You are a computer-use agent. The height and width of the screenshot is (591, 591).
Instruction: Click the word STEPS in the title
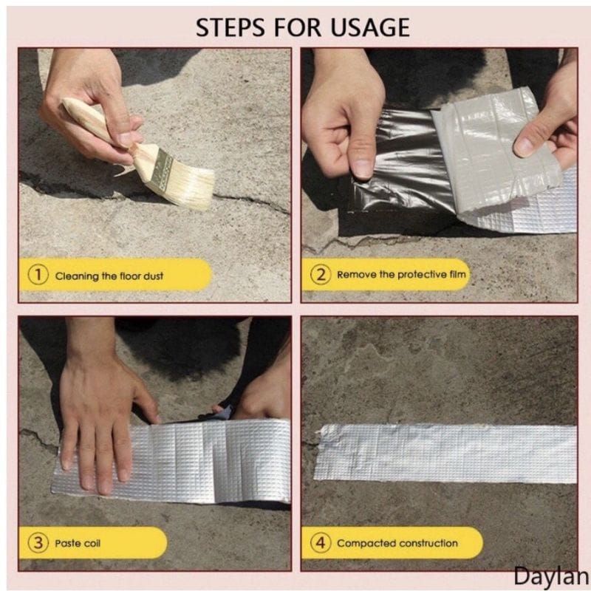[230, 27]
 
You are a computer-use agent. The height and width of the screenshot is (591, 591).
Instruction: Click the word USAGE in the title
[370, 27]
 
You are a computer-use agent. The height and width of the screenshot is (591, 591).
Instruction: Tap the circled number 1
[38, 275]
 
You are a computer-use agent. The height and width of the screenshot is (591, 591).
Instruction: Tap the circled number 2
[321, 274]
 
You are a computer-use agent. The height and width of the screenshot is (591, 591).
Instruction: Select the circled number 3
[38, 543]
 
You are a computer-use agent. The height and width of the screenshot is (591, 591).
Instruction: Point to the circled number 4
[321, 543]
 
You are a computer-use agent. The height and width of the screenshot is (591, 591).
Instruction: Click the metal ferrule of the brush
[160, 168]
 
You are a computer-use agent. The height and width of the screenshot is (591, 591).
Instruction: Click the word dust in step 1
[153, 276]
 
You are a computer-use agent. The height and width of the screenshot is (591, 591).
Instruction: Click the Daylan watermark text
[551, 577]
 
